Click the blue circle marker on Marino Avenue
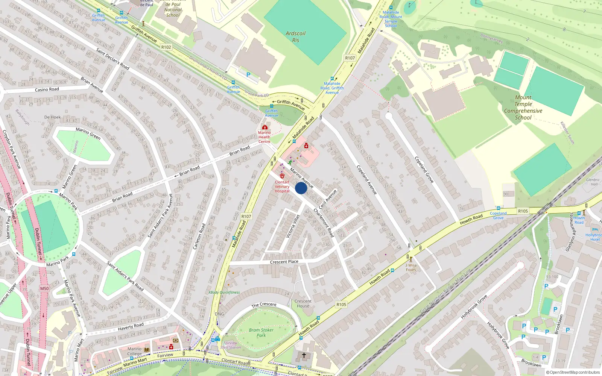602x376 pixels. click(301, 188)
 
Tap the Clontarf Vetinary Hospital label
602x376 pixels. click(282, 186)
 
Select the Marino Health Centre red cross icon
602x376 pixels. click(265, 127)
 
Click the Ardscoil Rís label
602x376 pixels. click(296, 36)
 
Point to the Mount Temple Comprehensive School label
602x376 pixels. click(523, 108)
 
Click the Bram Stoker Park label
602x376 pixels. click(261, 332)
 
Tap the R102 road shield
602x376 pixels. click(166, 47)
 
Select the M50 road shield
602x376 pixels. click(44, 288)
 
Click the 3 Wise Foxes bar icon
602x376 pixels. click(411, 259)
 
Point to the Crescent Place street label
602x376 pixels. click(284, 262)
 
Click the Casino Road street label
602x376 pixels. click(47, 89)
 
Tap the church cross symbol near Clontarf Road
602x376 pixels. click(304, 355)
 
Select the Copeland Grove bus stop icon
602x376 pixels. click(498, 208)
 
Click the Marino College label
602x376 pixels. click(134, 351)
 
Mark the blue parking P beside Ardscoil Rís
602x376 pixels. click(248, 75)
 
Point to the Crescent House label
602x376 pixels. click(303, 303)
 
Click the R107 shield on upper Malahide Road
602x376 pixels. click(350, 58)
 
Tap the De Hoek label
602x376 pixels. click(52, 117)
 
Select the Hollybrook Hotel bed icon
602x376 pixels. click(595, 230)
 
